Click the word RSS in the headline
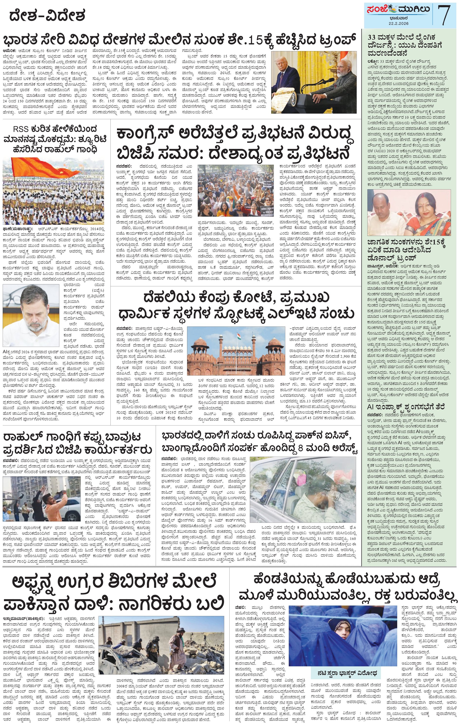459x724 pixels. click(x=20, y=130)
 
